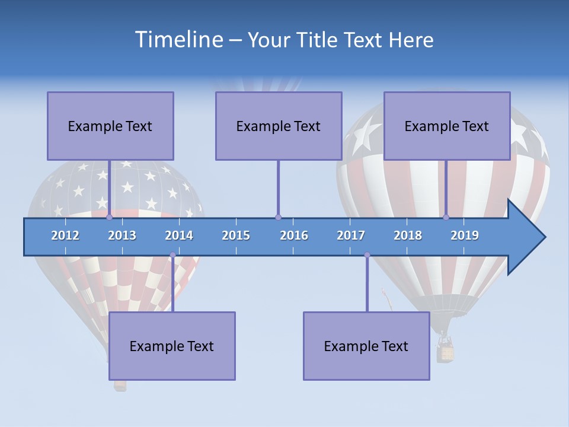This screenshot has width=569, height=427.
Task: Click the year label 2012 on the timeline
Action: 65,235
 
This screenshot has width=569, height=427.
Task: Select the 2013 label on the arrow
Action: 122,235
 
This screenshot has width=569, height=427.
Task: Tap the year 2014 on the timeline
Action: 179,235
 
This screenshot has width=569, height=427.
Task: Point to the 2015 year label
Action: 236,235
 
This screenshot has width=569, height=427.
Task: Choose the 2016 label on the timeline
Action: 294,235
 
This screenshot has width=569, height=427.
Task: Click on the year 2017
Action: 351,235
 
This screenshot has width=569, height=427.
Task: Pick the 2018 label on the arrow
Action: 408,235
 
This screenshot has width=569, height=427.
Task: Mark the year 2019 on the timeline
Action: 465,235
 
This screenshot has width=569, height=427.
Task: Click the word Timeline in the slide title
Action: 178,40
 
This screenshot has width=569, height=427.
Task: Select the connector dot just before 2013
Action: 109,218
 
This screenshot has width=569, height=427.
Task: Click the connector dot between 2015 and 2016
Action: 278,218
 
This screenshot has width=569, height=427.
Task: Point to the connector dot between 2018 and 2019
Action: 446,218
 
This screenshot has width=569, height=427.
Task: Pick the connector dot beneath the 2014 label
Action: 172,255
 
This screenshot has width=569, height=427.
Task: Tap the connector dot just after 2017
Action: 367,255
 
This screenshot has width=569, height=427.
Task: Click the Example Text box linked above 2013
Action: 110,126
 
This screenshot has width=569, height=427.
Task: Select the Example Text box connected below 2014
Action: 172,346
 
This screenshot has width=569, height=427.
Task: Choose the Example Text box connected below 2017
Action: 366,346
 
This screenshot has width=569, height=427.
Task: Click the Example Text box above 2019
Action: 447,126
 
